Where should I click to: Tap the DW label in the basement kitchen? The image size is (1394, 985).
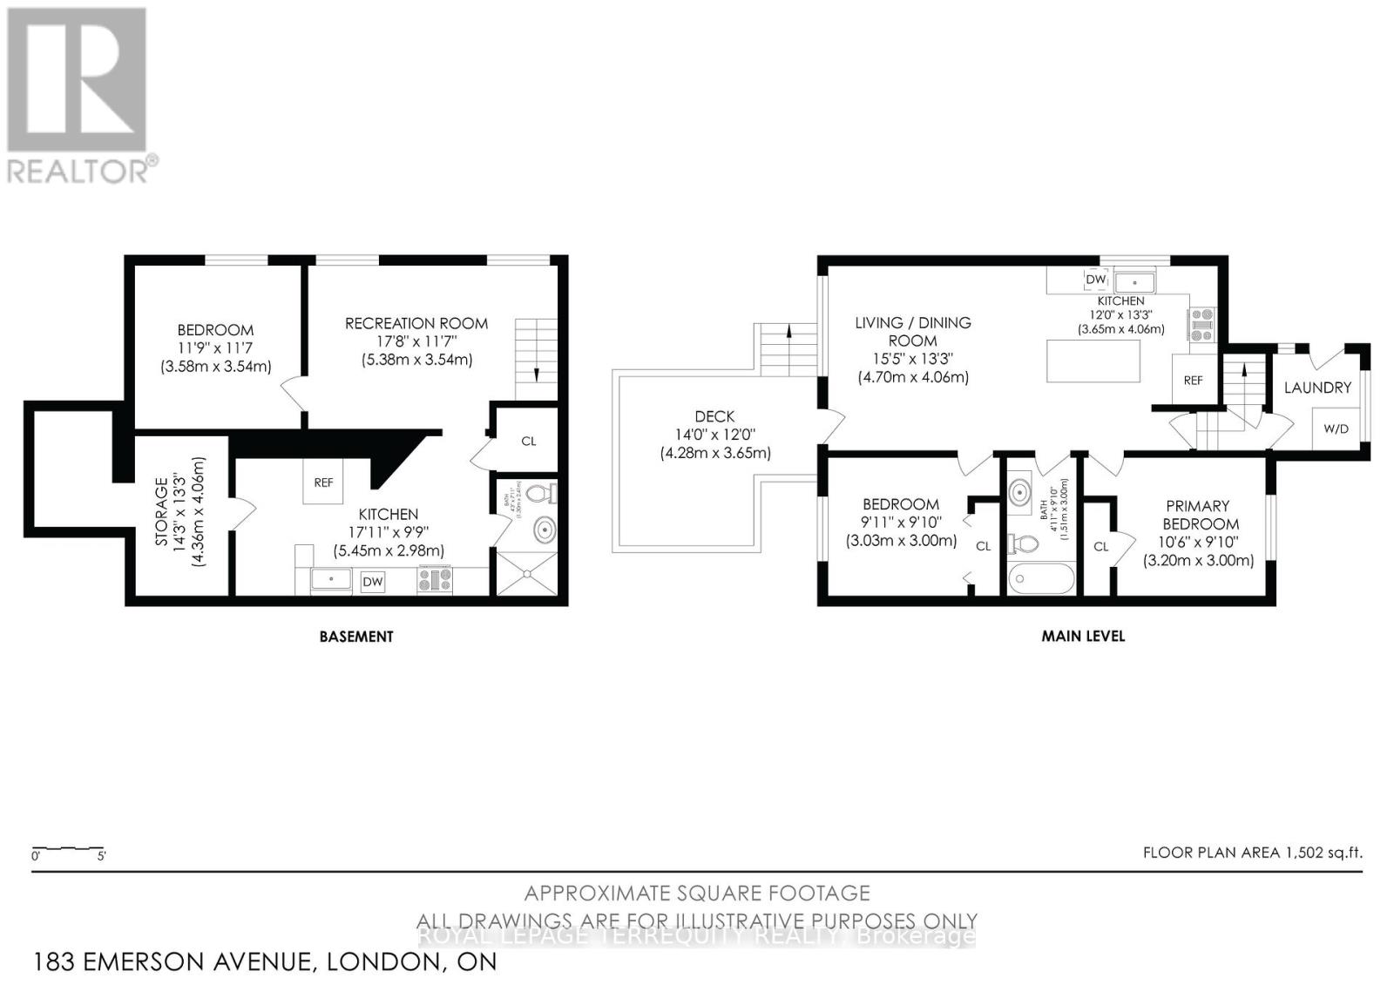tap(372, 582)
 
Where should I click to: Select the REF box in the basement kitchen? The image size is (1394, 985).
tap(323, 482)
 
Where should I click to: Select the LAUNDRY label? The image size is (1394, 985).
tap(1317, 388)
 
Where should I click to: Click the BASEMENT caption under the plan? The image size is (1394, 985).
tap(356, 637)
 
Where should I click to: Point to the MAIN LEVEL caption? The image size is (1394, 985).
tap(1083, 637)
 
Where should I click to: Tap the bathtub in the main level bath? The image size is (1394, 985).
tap(1040, 577)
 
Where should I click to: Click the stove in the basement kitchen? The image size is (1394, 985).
tap(435, 580)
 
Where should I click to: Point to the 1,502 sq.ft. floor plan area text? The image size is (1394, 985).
tap(1252, 853)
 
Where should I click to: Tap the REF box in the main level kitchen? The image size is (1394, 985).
tap(1193, 380)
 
